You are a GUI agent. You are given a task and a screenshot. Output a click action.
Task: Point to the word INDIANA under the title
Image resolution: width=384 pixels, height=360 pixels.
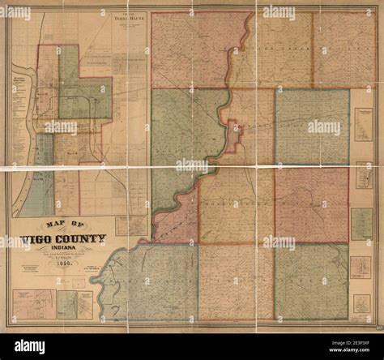(65, 251)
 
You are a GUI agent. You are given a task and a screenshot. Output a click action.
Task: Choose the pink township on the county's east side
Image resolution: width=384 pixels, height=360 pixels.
(312, 204)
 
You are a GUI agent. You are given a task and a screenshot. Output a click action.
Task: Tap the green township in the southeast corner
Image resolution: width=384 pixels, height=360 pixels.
(312, 280)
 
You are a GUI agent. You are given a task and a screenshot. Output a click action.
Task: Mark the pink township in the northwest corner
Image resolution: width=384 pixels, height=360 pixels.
(190, 49)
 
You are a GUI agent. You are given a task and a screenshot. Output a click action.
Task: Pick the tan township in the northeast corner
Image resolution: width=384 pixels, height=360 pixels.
(344, 49)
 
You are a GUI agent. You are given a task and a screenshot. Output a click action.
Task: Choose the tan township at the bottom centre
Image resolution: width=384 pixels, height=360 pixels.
(235, 280)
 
